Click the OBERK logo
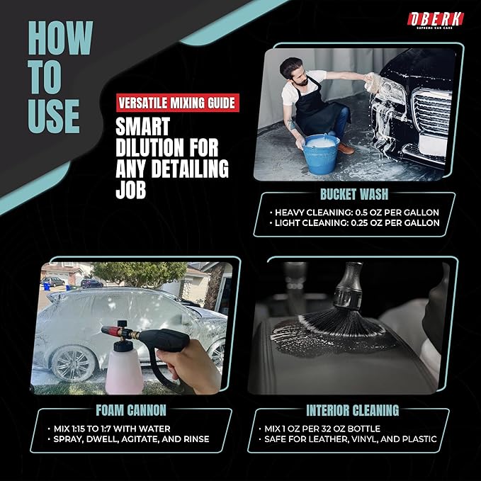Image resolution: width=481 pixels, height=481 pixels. pos(435,20)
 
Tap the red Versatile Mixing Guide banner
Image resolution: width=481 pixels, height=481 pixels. pos(178,103)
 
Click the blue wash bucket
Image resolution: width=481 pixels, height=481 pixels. pos(321,154)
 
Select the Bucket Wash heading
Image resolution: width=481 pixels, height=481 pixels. pos(354,194)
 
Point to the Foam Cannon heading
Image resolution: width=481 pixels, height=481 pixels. pos(131,410)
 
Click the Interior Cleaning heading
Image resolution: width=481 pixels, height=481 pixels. pos(353,410)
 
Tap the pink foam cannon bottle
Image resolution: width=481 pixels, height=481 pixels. pos(124,370)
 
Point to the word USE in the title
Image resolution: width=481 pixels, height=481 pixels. pos(54,116)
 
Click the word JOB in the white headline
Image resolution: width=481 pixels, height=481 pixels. pos(130,190)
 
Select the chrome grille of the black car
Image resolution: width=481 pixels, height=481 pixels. pos(431,112)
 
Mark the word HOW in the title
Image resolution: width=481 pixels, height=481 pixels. pos(60,38)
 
